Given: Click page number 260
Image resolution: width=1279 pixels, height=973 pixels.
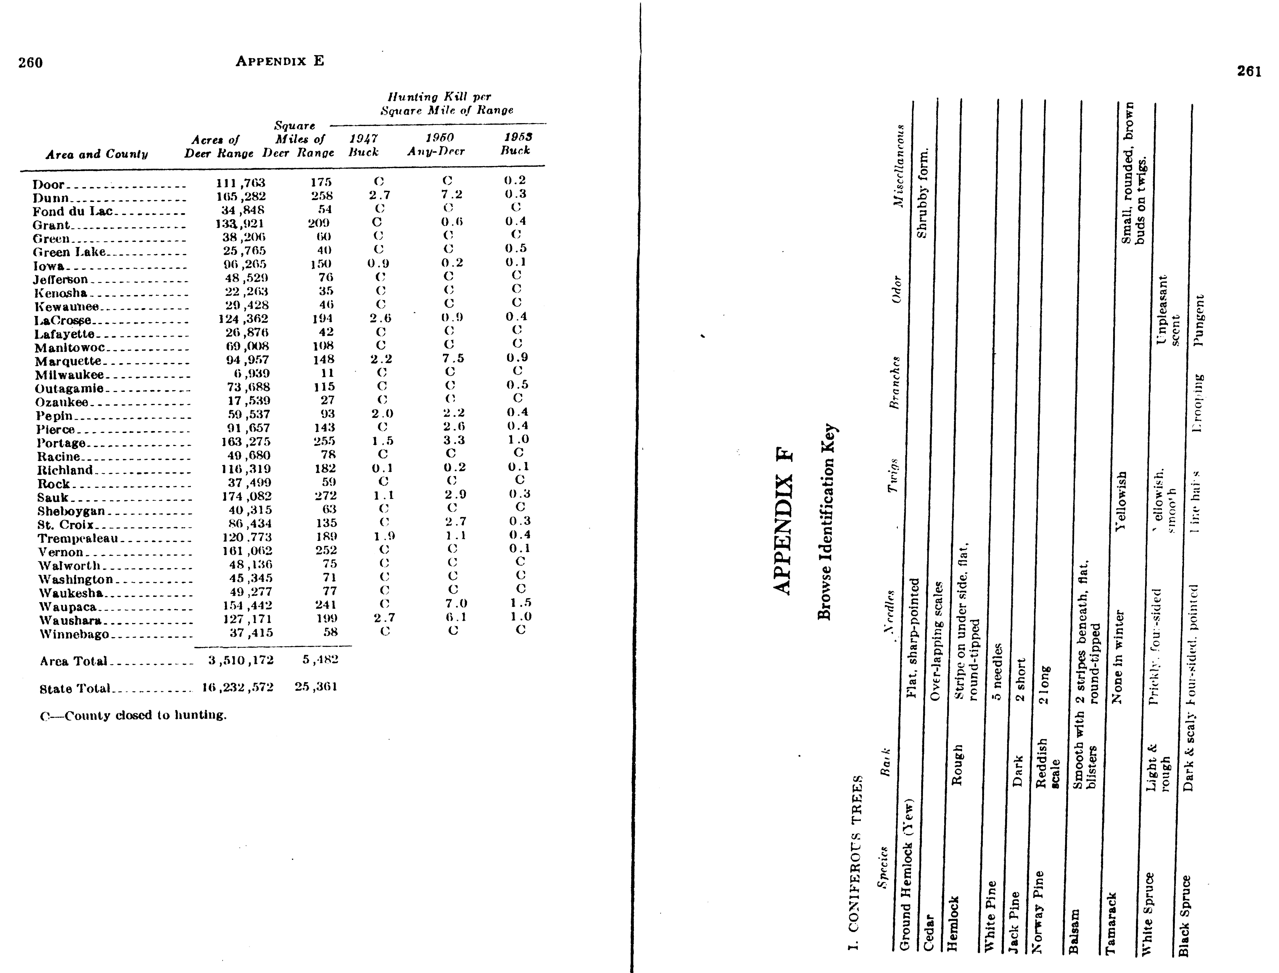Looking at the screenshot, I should pyautogui.click(x=30, y=62).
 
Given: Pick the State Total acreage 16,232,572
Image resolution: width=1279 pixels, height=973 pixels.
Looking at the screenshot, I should pyautogui.click(x=237, y=687).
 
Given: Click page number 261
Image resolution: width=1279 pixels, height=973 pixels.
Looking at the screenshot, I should pyautogui.click(x=1249, y=71).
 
